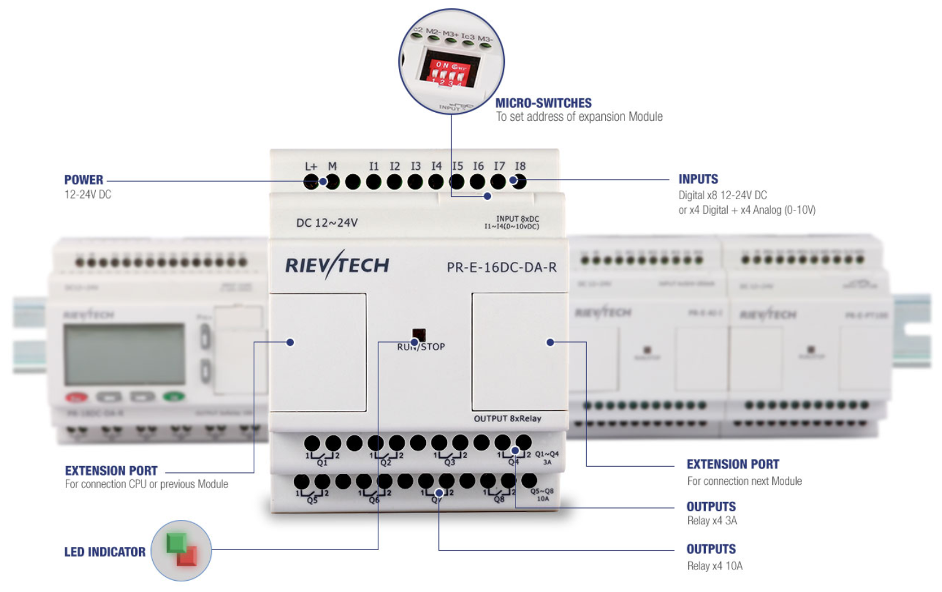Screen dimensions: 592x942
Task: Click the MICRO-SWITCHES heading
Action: [x=543, y=103]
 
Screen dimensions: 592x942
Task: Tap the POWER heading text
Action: [x=83, y=180]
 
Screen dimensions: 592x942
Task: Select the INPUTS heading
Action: [x=698, y=179]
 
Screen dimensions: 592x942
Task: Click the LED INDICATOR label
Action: [x=105, y=552]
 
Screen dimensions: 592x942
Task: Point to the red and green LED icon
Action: [x=182, y=550]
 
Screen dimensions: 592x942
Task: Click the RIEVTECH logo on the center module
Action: [x=337, y=265]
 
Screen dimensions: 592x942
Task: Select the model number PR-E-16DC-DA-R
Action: [x=501, y=267]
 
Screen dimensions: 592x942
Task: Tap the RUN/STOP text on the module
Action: [x=421, y=346]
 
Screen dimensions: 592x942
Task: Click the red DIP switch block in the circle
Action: [x=448, y=70]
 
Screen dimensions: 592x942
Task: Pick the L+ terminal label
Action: [x=311, y=167]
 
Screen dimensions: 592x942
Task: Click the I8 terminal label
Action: [x=520, y=166]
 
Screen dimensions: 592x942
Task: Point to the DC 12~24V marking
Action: [x=327, y=223]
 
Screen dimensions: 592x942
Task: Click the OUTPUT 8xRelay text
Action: [x=507, y=418]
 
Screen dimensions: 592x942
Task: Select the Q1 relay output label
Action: [x=322, y=463]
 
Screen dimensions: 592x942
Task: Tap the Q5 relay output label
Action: [x=312, y=500]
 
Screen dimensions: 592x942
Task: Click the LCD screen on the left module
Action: [x=125, y=354]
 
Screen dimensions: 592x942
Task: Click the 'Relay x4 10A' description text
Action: [x=715, y=566]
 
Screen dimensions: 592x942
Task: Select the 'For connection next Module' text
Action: [x=744, y=481]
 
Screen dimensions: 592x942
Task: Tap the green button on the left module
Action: [x=173, y=397]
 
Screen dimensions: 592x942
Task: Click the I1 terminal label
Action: [x=374, y=166]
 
